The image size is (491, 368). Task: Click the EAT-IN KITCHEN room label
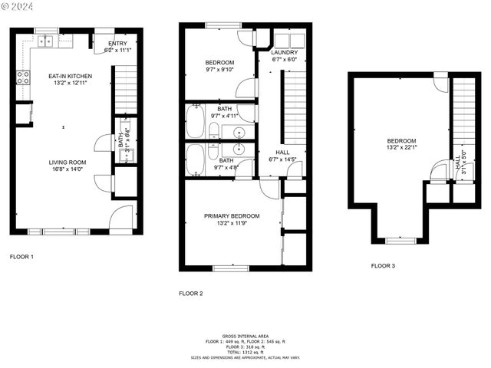click(71, 76)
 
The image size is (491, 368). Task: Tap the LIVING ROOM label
click(69, 163)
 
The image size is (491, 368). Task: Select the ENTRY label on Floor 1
click(117, 44)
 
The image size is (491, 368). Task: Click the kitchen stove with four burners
click(23, 77)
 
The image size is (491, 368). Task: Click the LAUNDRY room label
click(284, 52)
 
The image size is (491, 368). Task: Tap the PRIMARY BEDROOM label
click(232, 216)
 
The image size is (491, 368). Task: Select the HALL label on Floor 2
click(283, 152)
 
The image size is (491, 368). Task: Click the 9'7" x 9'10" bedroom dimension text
click(219, 69)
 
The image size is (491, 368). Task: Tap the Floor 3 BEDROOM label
click(401, 141)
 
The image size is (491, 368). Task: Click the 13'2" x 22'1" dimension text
click(401, 148)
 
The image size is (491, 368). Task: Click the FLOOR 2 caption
click(191, 293)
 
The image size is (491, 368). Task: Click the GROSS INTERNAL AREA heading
click(245, 336)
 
